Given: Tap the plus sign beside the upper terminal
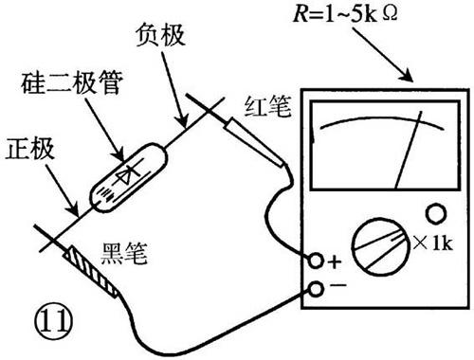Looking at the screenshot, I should tap(334, 261).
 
